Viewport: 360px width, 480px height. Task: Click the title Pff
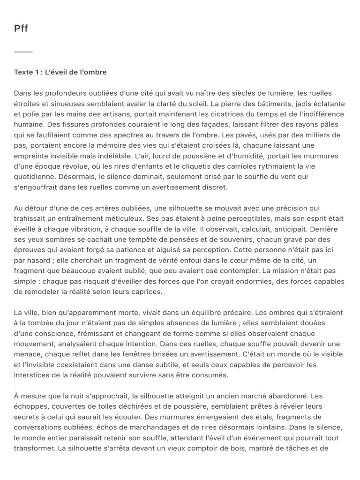(21, 29)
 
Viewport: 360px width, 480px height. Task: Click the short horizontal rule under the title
(23, 52)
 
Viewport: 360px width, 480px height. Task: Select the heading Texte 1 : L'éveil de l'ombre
(60, 72)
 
